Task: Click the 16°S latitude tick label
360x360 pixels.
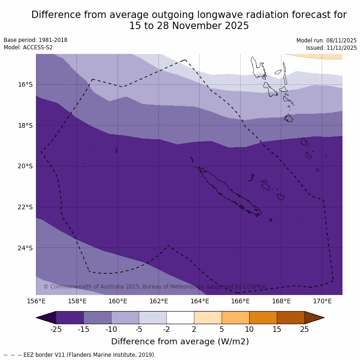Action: pos(26,84)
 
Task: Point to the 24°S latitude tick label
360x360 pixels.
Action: pos(26,248)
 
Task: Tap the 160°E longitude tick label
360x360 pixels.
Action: pos(118,301)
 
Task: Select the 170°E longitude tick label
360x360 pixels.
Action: pos(322,301)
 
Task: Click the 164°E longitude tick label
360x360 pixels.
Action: pos(200,301)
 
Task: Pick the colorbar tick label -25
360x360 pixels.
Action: pos(56,329)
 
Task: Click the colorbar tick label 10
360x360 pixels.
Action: pos(249,329)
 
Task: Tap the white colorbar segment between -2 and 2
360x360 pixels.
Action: pos(180,318)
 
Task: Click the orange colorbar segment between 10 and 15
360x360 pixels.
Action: pos(263,318)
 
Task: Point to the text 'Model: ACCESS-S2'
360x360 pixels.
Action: pos(28,47)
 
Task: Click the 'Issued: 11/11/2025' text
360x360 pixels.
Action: pos(331,48)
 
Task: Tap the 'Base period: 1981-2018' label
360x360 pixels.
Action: pos(35,40)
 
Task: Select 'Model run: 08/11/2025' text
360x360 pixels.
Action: pos(326,41)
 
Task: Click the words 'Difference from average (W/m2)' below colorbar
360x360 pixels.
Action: pos(180,342)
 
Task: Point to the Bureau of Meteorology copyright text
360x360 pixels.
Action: pos(155,287)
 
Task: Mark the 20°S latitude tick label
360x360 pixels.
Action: pos(26,166)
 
